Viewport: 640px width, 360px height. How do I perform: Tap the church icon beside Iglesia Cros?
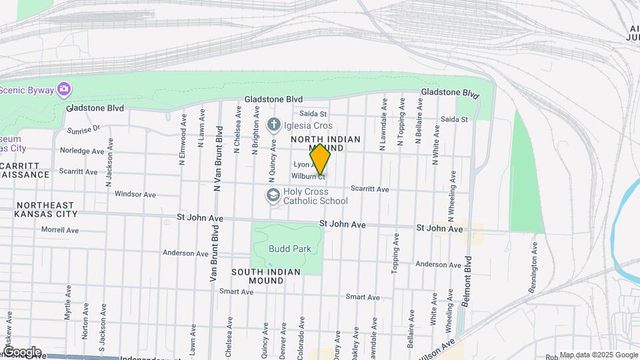coord(273,124)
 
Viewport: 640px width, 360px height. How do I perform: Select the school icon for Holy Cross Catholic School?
coord(272,195)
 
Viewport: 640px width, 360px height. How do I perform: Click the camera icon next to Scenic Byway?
coord(64,88)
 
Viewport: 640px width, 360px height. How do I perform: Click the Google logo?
coord(21,352)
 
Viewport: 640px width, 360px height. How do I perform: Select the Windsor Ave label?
coord(135,195)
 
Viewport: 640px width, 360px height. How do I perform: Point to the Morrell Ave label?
coord(60,230)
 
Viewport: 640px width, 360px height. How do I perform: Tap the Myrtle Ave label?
coord(68,303)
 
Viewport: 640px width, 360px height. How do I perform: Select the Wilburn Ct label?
coord(308,177)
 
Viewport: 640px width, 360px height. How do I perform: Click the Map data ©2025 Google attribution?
coord(598,355)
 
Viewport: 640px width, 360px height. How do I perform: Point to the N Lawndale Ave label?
coord(384,127)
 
